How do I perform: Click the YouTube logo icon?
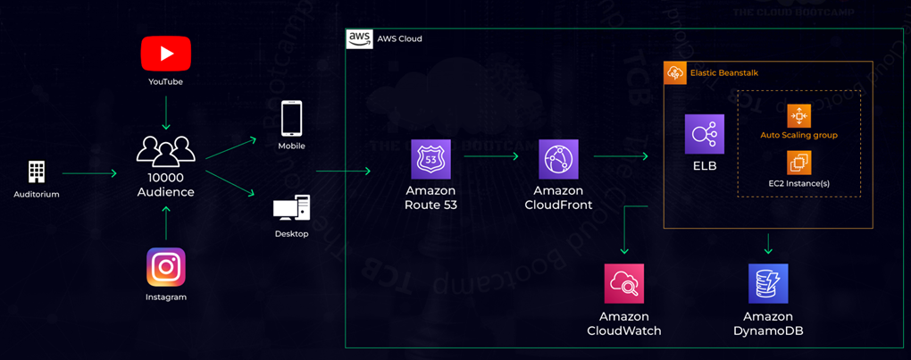pos(166,54)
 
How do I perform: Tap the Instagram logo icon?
pos(166,267)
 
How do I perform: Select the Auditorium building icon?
pos(37,172)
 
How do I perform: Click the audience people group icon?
pos(166,149)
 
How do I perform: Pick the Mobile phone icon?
pos(291,118)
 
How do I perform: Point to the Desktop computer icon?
pos(291,210)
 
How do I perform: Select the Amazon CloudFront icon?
pos(559,159)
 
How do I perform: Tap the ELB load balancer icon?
pos(705,134)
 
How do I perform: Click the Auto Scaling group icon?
pos(798,116)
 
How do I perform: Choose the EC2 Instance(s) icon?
pos(798,163)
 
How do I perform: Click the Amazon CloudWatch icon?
pos(623,284)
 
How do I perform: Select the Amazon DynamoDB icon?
pos(768,284)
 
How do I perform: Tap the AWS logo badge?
pos(360,38)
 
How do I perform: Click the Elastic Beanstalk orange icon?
pos(675,72)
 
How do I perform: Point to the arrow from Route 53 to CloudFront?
pos(492,156)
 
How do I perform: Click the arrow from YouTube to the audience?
pos(166,112)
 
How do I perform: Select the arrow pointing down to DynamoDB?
pos(768,243)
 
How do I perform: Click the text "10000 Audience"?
pos(166,185)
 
